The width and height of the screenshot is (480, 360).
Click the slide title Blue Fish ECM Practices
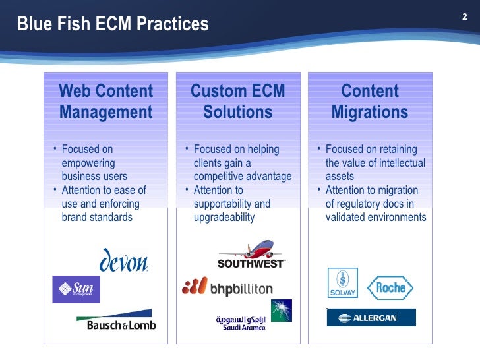coord(113,25)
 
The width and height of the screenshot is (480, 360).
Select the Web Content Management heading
coord(105,102)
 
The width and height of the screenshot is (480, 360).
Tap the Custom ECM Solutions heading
coord(237,102)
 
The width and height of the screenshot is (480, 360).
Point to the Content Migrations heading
coord(369,102)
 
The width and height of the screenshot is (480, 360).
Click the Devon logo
coord(124,261)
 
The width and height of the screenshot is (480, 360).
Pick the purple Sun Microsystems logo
coord(76,289)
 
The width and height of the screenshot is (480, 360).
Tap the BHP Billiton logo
coord(227,287)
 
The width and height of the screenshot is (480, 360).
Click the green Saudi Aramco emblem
coord(281,311)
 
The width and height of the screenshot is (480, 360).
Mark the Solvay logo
coord(342,283)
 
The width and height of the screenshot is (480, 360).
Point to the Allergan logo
coord(371,318)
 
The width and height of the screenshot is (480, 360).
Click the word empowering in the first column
coord(88,163)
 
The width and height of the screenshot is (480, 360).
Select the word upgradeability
coord(224,217)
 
